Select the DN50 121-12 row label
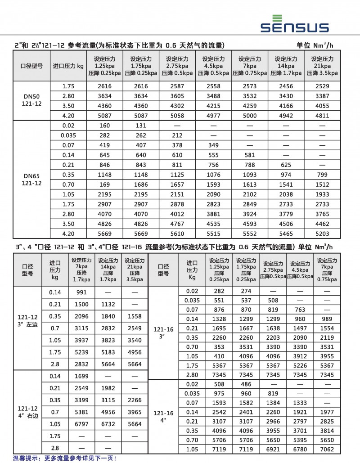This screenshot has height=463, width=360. (x=31, y=101)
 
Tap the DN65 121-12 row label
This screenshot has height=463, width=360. (x=31, y=180)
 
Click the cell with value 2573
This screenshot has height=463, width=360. (x=250, y=86)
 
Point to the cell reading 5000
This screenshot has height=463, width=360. (x=250, y=116)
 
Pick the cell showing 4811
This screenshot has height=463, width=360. (x=322, y=116)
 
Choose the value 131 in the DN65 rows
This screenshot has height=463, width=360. (x=141, y=126)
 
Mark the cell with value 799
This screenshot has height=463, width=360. (x=322, y=175)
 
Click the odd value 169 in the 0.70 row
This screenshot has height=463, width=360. (x=105, y=184)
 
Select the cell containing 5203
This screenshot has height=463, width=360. (x=322, y=234)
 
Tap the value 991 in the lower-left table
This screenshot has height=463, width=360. (x=81, y=292)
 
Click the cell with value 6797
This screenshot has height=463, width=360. (x=81, y=424)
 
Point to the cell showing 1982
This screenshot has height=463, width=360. (x=108, y=387)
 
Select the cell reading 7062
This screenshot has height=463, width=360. (x=326, y=449)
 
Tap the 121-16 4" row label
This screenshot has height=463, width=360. (x=163, y=416)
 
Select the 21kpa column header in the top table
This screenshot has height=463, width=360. (x=322, y=66)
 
